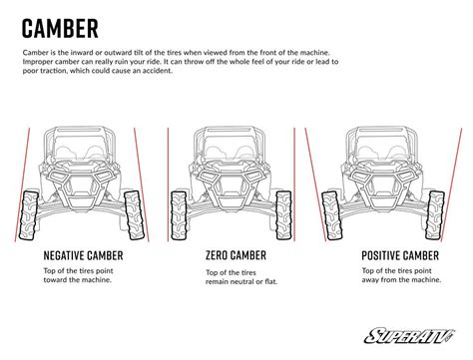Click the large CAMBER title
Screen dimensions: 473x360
[x=60, y=28]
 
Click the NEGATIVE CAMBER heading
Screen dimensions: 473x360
[x=83, y=255]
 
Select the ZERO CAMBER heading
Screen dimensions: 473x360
[x=236, y=255]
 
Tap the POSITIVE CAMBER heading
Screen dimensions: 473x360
[x=400, y=255]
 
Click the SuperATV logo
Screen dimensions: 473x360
[x=409, y=335]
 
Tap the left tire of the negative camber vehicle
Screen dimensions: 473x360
[x=29, y=215]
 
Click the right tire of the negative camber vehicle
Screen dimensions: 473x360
[x=134, y=215]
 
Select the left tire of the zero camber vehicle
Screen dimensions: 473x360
[x=179, y=215]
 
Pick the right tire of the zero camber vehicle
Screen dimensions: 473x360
[x=283, y=215]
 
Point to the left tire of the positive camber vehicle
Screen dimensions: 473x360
[x=332, y=215]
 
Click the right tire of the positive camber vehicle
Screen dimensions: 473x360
[x=435, y=215]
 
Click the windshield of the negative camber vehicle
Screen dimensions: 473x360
[x=81, y=147]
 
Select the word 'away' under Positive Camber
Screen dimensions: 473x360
[x=370, y=280]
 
